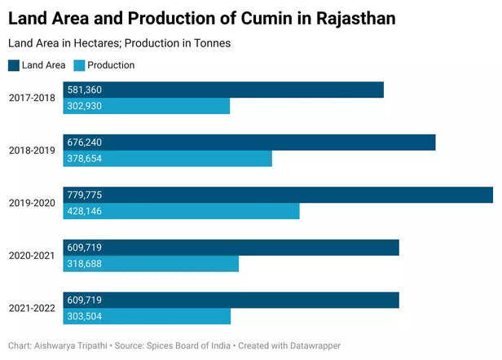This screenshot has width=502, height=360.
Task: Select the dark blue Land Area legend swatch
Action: point(14,65)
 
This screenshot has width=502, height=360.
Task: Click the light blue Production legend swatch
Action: point(78,65)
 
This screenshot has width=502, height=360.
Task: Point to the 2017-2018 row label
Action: point(32,98)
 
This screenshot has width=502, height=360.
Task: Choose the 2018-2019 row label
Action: point(32,151)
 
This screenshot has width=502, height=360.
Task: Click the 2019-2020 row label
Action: point(32,203)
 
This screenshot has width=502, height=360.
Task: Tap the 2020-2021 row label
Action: point(32,256)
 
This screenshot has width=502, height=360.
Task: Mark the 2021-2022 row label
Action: point(32,308)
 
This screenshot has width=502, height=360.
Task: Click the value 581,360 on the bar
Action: point(85,90)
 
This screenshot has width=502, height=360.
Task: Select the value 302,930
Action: point(85,106)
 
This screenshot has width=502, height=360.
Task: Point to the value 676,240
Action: point(85,143)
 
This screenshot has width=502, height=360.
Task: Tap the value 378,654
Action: point(85,159)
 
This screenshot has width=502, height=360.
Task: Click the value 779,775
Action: point(85,195)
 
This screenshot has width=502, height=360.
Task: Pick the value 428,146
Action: point(85,211)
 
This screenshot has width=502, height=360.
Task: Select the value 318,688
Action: point(85,264)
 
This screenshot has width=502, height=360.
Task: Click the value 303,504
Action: point(85,316)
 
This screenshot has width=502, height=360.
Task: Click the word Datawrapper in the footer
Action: point(313,346)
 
